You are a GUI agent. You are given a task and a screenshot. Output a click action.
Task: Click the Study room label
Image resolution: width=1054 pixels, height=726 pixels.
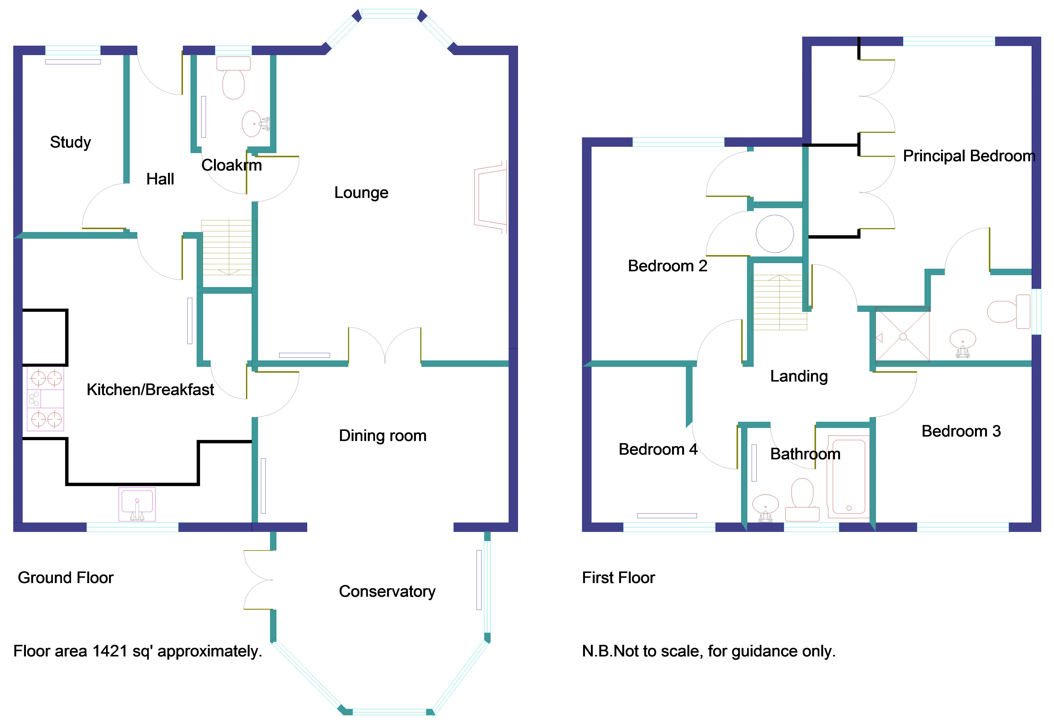coord(70,142)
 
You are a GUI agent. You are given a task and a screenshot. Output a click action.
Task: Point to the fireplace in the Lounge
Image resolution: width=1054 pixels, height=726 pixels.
coord(490,197)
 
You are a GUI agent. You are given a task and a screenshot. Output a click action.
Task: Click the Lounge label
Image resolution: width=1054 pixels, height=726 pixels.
coord(361,193)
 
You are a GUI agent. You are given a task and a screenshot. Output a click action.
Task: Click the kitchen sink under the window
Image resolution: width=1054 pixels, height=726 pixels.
coord(137,504)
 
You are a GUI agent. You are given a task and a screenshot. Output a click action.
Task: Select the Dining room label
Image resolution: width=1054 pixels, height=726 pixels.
coord(383,436)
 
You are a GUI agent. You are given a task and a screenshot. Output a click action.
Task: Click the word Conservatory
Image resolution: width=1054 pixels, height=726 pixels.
coord(387,591)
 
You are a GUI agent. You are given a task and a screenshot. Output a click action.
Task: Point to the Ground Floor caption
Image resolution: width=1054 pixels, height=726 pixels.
coord(66,578)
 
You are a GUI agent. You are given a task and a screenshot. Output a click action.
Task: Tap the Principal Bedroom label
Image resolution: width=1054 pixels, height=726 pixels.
coord(969,156)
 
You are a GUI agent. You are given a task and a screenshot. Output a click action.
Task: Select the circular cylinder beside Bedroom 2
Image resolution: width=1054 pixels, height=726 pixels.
coord(775,234)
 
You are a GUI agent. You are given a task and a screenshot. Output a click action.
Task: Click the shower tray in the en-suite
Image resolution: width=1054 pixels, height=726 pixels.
coord(903,337)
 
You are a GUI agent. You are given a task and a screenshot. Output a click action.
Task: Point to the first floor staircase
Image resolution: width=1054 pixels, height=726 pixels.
coord(780,302)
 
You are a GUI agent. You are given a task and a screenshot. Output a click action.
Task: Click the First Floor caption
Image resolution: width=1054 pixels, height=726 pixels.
coord(619,578)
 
